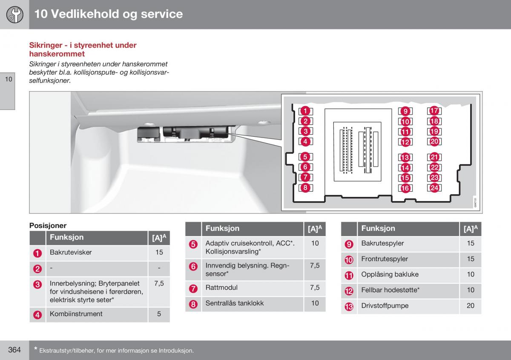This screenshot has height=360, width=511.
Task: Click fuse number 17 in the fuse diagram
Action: click(x=434, y=111)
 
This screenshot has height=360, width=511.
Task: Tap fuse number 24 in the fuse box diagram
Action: click(x=434, y=188)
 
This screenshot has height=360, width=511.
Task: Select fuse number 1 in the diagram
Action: click(x=305, y=111)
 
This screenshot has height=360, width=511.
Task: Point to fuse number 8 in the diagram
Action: click(x=305, y=187)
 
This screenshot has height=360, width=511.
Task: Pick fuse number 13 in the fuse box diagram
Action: click(x=405, y=158)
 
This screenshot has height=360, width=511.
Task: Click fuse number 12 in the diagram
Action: click(x=405, y=142)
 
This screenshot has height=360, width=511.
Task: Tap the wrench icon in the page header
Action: click(x=14, y=14)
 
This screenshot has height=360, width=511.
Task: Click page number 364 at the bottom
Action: click(x=14, y=350)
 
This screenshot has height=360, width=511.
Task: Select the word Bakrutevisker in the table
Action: click(x=71, y=252)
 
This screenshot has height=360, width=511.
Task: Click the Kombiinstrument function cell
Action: click(x=76, y=314)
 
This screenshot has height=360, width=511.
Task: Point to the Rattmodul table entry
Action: click(x=221, y=288)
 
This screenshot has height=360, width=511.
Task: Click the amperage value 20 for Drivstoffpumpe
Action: click(x=470, y=305)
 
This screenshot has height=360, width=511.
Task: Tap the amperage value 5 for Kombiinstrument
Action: click(x=159, y=314)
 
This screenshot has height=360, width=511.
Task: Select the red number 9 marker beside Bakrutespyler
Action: click(x=349, y=244)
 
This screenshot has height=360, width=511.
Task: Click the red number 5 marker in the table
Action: click(x=193, y=244)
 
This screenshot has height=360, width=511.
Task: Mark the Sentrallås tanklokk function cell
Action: click(x=234, y=303)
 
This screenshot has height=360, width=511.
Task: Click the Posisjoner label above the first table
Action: click(x=48, y=225)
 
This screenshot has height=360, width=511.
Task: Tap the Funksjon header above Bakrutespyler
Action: click(x=378, y=228)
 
